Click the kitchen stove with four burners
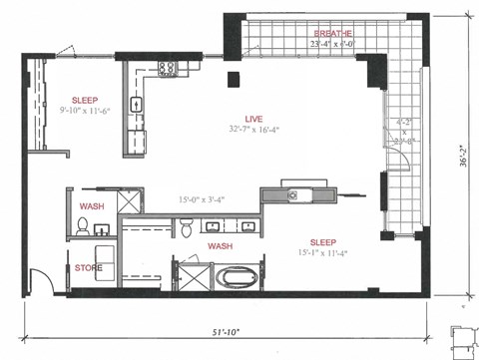coord(167,71)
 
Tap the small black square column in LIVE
coord(233,80)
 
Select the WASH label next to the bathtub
coord(221,245)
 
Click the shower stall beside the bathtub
coord(191,274)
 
